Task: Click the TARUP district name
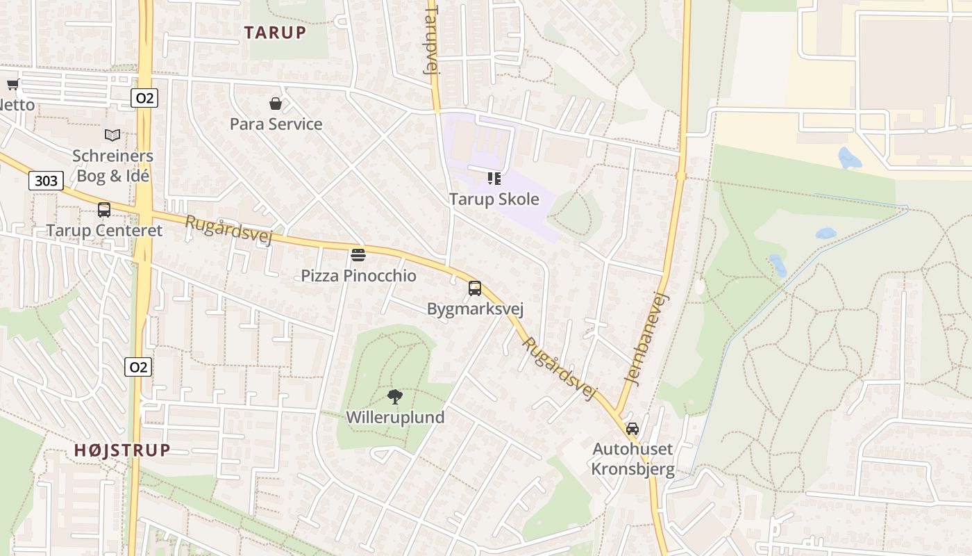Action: pyautogui.click(x=275, y=32)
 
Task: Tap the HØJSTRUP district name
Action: pyautogui.click(x=122, y=450)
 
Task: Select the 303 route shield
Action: pyautogui.click(x=46, y=181)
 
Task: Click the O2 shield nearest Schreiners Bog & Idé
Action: pyautogui.click(x=144, y=98)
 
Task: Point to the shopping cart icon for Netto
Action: pyautogui.click(x=12, y=85)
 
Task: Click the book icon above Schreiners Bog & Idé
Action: pyautogui.click(x=112, y=135)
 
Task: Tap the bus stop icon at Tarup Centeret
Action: pyautogui.click(x=104, y=209)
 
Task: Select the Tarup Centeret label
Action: pyautogui.click(x=104, y=231)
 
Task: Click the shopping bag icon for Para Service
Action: pyautogui.click(x=276, y=104)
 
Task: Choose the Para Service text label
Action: pyautogui.click(x=276, y=124)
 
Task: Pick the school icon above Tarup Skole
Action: pyautogui.click(x=494, y=179)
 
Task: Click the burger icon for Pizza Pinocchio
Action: pyautogui.click(x=358, y=254)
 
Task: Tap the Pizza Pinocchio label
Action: pyautogui.click(x=358, y=276)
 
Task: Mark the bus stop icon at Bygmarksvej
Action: pyautogui.click(x=475, y=288)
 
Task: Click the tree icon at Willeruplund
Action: pyautogui.click(x=395, y=397)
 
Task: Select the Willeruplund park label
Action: pyautogui.click(x=395, y=418)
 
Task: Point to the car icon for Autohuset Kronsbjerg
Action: pyautogui.click(x=632, y=428)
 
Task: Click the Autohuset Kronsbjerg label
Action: pyautogui.click(x=632, y=459)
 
